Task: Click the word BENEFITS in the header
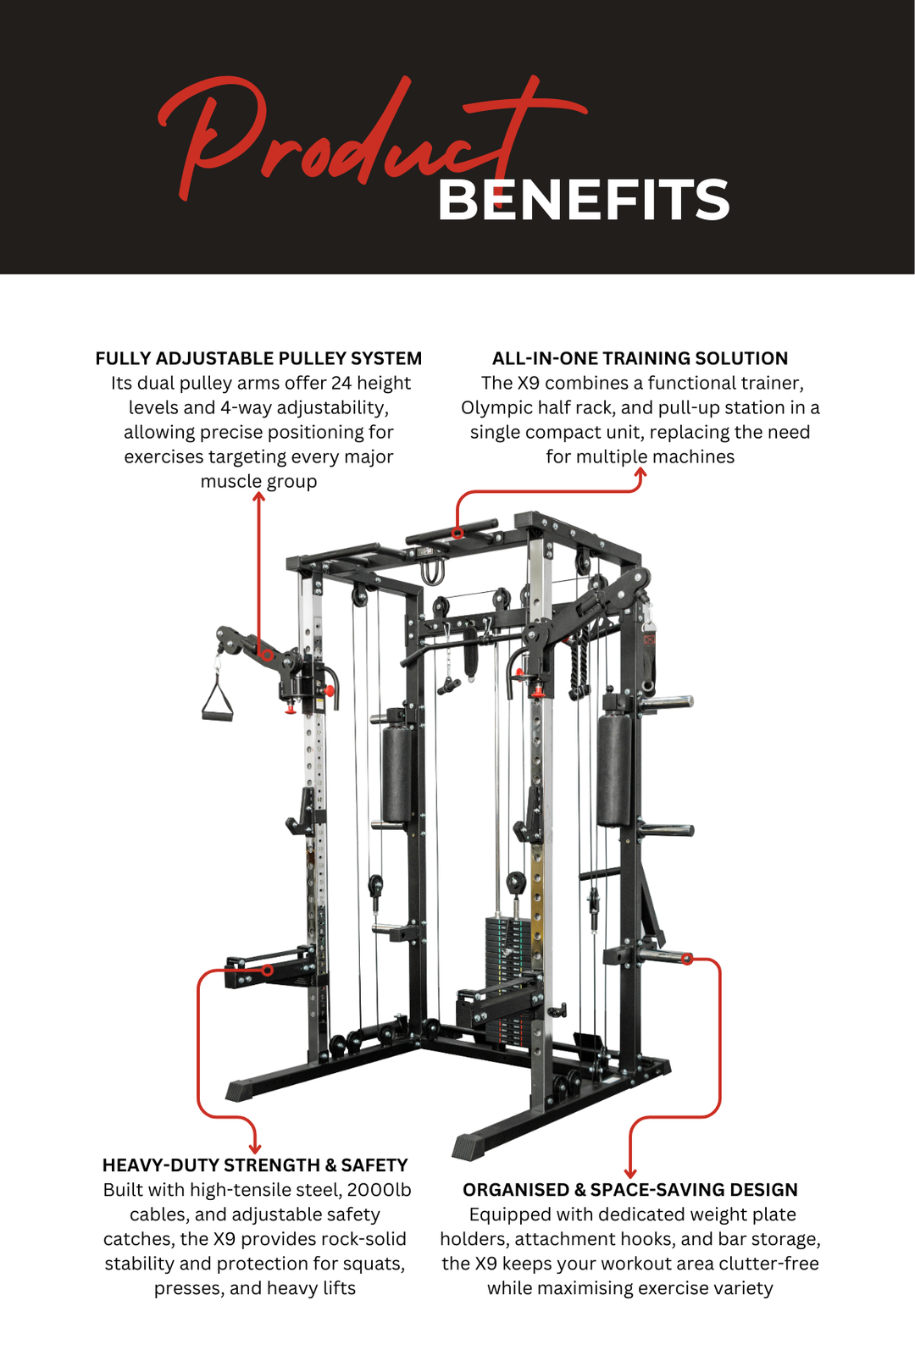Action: click(583, 201)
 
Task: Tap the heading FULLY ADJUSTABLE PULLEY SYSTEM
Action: click(258, 358)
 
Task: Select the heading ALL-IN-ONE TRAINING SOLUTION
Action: click(640, 358)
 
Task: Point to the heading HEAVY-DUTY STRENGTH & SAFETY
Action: click(255, 1165)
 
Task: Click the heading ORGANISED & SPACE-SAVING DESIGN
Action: click(629, 1190)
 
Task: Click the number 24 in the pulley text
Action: click(341, 383)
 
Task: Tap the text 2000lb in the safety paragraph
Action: click(379, 1190)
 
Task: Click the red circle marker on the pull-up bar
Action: click(457, 533)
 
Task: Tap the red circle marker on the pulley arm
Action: click(268, 655)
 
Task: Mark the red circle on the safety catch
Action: click(268, 971)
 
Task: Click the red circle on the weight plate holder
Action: click(687, 959)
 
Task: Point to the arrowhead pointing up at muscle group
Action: click(259, 496)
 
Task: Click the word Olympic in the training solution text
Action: click(496, 407)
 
